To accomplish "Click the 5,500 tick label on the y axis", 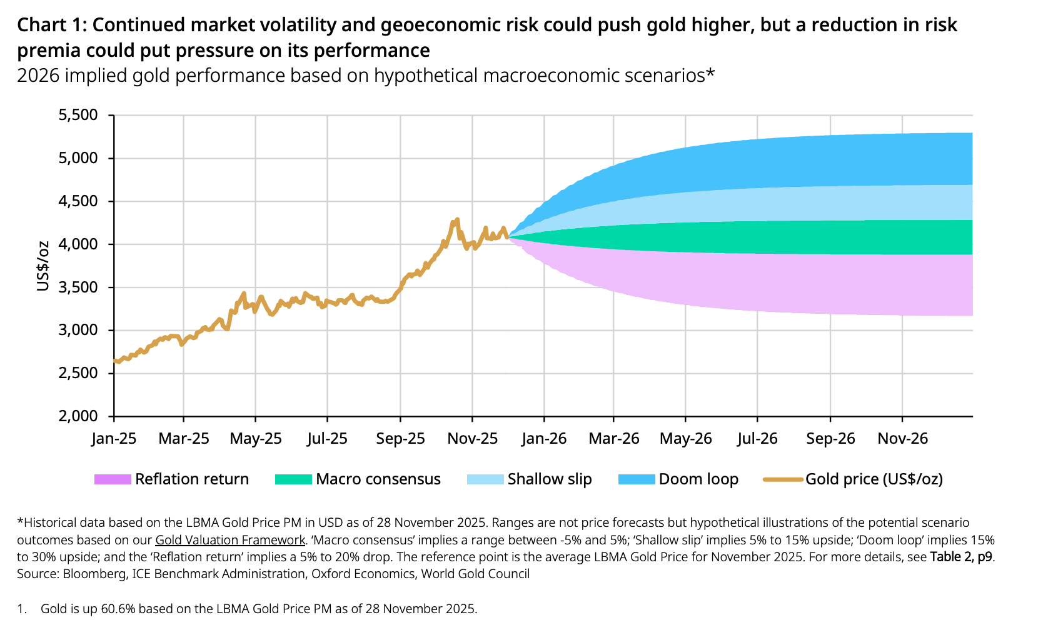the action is pyautogui.click(x=78, y=115).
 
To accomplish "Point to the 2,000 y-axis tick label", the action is pyautogui.click(x=78, y=416).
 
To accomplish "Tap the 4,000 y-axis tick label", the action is pyautogui.click(x=78, y=244).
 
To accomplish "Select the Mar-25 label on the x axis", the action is pyautogui.click(x=184, y=438).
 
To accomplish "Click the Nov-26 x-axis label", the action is pyautogui.click(x=902, y=438).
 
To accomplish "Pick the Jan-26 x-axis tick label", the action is pyautogui.click(x=544, y=438).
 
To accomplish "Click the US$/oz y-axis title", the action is pyautogui.click(x=43, y=266).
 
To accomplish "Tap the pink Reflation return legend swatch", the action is pyautogui.click(x=113, y=479).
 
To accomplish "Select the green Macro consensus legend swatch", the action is pyautogui.click(x=293, y=479).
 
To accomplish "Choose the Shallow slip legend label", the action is pyautogui.click(x=550, y=479).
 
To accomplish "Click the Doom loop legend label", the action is pyautogui.click(x=698, y=479).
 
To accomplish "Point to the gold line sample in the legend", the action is pyautogui.click(x=783, y=479).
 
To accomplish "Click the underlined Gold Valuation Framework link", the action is pyautogui.click(x=230, y=539).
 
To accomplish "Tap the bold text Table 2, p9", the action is pyautogui.click(x=961, y=557).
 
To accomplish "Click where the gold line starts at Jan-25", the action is pyautogui.click(x=114, y=361).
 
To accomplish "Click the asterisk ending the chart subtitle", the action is pyautogui.click(x=710, y=73).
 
